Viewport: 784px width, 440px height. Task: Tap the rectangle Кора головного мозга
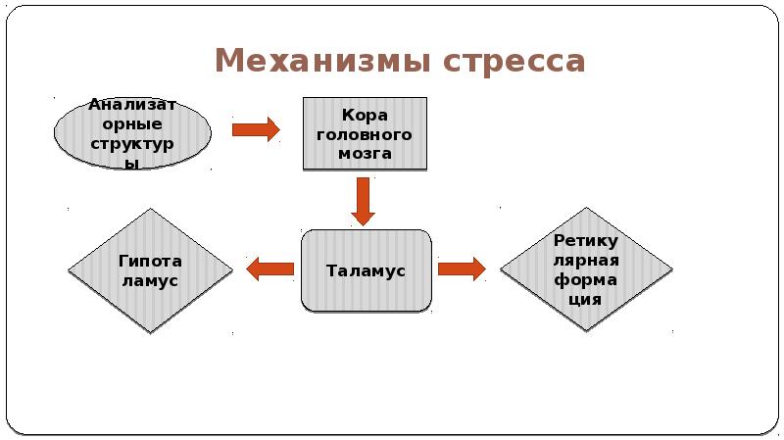pyautogui.click(x=366, y=133)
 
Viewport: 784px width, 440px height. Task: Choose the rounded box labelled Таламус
pyautogui.click(x=366, y=270)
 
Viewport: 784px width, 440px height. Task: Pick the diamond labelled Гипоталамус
pyautogui.click(x=150, y=270)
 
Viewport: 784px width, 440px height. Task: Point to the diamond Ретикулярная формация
pyautogui.click(x=585, y=269)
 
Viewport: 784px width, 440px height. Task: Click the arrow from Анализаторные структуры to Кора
pyautogui.click(x=256, y=129)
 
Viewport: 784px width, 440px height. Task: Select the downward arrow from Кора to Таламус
pyautogui.click(x=364, y=200)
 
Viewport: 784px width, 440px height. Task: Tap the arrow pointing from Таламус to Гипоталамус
pyautogui.click(x=269, y=269)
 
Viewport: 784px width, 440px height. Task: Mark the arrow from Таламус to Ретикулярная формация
pyautogui.click(x=462, y=269)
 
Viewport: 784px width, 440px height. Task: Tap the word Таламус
pyautogui.click(x=366, y=270)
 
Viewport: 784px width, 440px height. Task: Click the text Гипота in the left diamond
pyautogui.click(x=150, y=262)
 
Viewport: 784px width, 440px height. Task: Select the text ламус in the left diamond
pyautogui.click(x=150, y=280)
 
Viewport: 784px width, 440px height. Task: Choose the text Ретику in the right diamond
pyautogui.click(x=585, y=241)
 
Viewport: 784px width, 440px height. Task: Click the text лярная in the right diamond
pyautogui.click(x=585, y=261)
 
